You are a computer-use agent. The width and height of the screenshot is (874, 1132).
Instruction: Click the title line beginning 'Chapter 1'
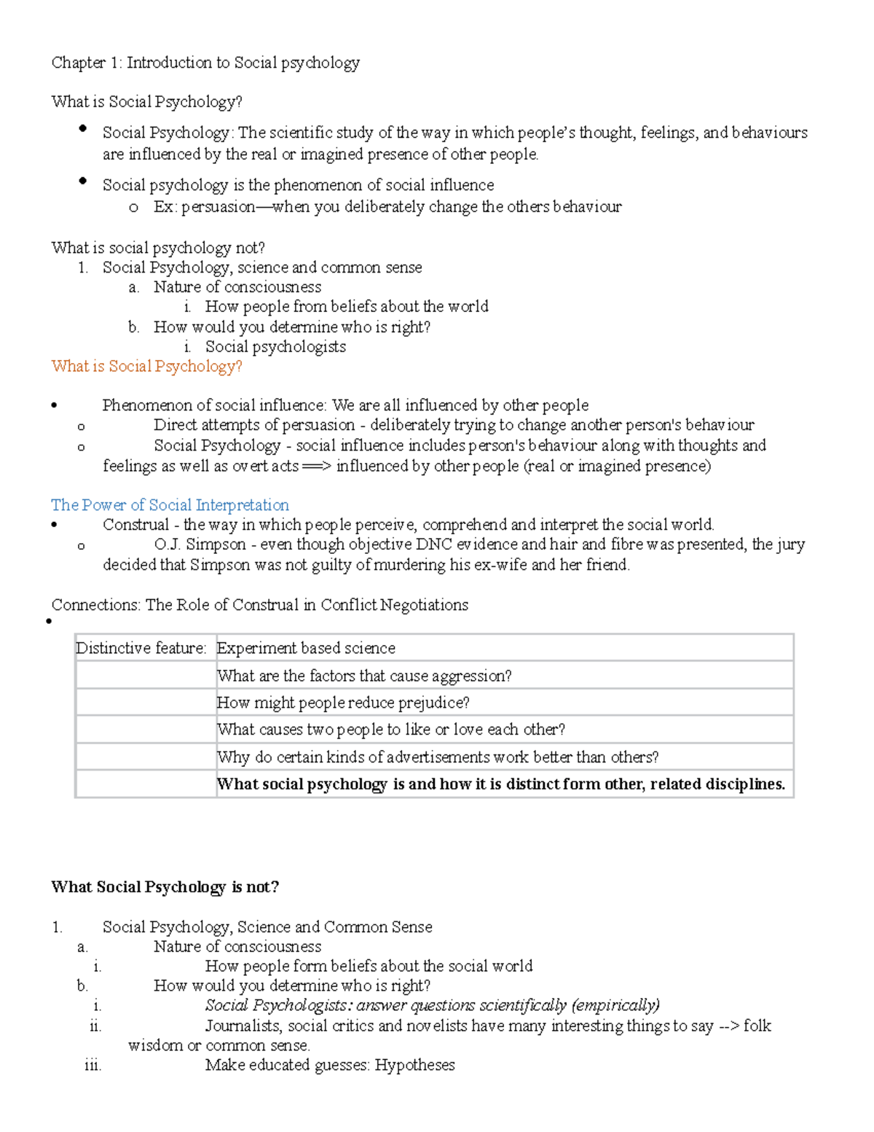[205, 63]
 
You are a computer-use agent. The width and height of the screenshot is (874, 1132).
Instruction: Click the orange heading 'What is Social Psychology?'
[146, 367]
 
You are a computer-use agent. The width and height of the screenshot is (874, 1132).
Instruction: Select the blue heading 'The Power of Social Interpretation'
[170, 505]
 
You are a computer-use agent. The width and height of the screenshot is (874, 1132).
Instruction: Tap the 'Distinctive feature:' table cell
[141, 648]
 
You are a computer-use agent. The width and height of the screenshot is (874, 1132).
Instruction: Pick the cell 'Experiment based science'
[306, 648]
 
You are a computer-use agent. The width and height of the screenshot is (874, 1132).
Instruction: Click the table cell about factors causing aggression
[364, 676]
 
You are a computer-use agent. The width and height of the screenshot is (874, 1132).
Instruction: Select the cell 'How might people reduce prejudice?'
[343, 703]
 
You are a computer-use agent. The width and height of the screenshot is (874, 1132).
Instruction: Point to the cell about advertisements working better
[438, 757]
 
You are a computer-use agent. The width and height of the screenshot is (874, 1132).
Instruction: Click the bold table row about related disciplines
[501, 784]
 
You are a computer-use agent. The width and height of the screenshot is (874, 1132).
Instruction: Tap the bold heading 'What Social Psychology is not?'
[165, 887]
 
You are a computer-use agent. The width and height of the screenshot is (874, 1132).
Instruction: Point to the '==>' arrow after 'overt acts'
[316, 467]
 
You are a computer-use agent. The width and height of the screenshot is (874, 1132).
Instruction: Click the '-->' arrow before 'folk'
[728, 1026]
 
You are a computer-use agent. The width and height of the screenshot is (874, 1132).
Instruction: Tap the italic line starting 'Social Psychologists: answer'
[432, 1006]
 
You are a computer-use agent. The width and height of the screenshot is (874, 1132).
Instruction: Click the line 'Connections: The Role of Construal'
[259, 605]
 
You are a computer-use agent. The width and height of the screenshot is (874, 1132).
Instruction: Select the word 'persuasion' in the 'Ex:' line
[218, 207]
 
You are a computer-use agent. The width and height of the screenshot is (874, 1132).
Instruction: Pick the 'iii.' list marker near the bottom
[92, 1065]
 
